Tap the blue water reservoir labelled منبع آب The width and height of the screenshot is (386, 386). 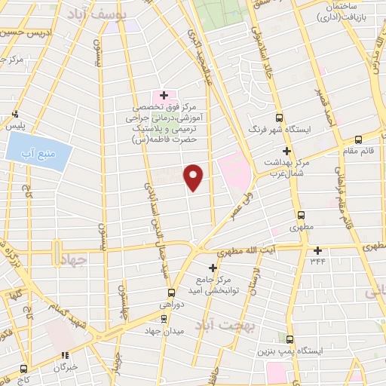pos(39,152)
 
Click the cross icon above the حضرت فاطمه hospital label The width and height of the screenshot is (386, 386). pos(164,95)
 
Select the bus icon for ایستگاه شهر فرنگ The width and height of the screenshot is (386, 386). pos(280,118)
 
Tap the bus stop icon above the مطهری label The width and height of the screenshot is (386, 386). pos(301,214)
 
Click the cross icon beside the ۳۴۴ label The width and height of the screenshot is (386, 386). pos(317,251)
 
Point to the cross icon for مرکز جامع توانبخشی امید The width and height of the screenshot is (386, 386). pos(213,268)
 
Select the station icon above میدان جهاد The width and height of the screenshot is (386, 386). pos(164,318)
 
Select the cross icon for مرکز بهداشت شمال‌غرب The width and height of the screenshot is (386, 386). pos(287,151)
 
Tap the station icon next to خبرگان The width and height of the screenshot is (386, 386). pos(66,355)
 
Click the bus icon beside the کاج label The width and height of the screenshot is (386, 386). pos(24,369)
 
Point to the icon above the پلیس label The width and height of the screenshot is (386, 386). pos(14,115)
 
